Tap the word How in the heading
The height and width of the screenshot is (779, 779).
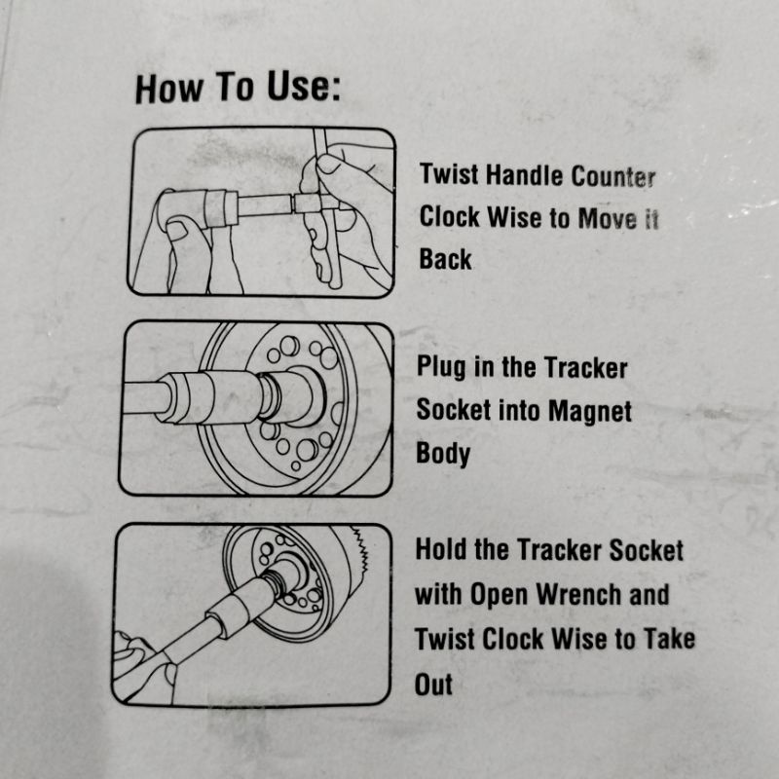[168, 90]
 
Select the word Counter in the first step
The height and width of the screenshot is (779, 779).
[612, 176]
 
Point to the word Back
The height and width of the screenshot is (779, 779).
[445, 259]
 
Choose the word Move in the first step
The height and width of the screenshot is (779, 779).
[607, 219]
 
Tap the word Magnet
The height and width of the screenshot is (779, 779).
[590, 411]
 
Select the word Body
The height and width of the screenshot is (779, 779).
[443, 454]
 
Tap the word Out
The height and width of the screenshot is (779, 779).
[433, 686]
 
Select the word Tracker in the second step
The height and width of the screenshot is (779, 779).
[585, 368]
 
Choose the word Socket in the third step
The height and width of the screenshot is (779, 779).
[646, 551]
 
